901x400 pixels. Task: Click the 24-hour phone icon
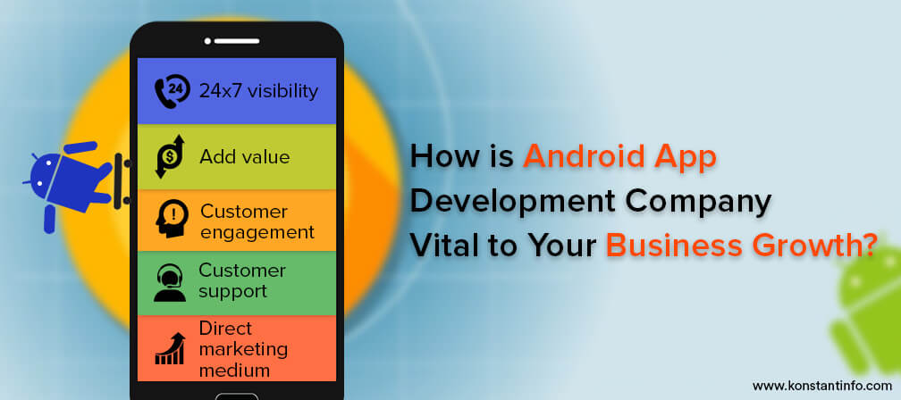[x=172, y=91]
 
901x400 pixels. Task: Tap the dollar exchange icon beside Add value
[x=170, y=156]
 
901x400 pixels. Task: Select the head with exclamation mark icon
[x=172, y=219]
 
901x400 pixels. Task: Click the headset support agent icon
[x=170, y=282]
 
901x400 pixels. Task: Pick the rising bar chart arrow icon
[x=170, y=348]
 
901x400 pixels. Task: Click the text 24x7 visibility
[x=258, y=91]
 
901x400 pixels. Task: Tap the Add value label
[x=245, y=156]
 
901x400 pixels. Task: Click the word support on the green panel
[x=232, y=292]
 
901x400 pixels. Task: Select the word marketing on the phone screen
[x=243, y=349]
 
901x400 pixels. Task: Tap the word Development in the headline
[x=513, y=201]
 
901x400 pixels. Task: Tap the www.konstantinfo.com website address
[x=822, y=386]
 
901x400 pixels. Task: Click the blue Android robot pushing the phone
[x=72, y=182]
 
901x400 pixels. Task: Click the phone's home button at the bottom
[x=237, y=396]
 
